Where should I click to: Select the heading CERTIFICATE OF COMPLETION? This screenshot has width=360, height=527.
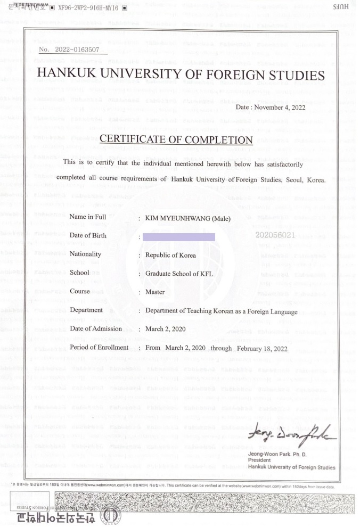(x=176, y=139)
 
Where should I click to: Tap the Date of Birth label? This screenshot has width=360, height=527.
(x=88, y=235)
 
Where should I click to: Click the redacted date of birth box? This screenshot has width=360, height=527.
(x=179, y=237)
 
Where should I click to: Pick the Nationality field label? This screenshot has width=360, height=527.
(x=85, y=254)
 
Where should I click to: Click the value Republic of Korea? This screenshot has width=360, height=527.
(x=170, y=255)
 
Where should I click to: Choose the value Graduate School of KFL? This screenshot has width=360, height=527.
(x=178, y=274)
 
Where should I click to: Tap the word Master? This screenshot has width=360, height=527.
(x=155, y=292)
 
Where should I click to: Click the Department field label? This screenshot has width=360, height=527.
(x=86, y=310)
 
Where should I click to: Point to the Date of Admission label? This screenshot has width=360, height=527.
(x=96, y=328)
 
